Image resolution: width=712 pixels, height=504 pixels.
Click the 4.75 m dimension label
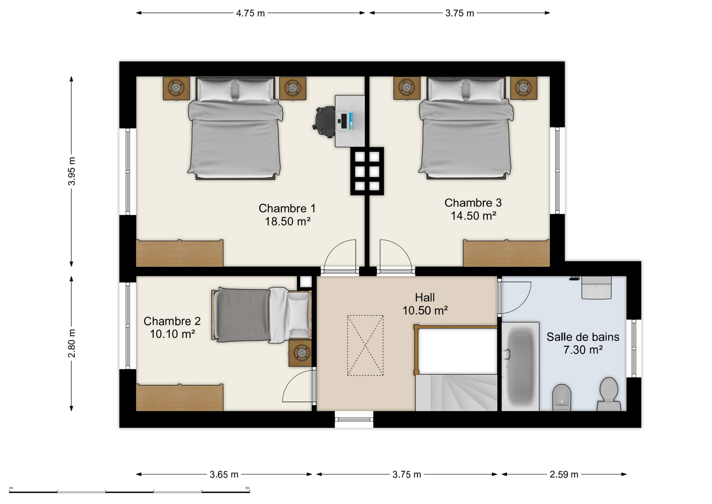pos(250,13)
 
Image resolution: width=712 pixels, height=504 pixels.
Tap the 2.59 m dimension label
pos(564,475)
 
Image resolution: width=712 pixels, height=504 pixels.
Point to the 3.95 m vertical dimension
pos(71,171)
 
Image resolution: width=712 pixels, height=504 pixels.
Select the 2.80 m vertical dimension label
pos(71,343)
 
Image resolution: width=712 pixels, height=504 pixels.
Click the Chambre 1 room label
pos(287,208)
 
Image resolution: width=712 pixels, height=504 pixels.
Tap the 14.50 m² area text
pos(473,216)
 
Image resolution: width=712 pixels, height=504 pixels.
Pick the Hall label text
pos(425,297)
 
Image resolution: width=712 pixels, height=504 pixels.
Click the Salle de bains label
pos(583,337)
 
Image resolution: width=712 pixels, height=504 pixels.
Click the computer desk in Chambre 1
pos(350,121)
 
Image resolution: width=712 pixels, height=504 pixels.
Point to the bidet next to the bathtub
pos(562,398)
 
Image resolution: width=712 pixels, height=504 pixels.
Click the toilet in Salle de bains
pos(609,394)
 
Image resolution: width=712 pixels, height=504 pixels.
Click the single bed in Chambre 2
pos(262,315)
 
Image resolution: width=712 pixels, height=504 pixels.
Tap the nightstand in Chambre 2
pos(300,353)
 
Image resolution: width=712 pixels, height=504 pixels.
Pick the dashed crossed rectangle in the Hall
pos(365,345)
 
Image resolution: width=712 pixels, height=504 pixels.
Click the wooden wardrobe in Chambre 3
pos(506,253)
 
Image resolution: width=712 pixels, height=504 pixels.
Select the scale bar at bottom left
pos(129,491)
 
